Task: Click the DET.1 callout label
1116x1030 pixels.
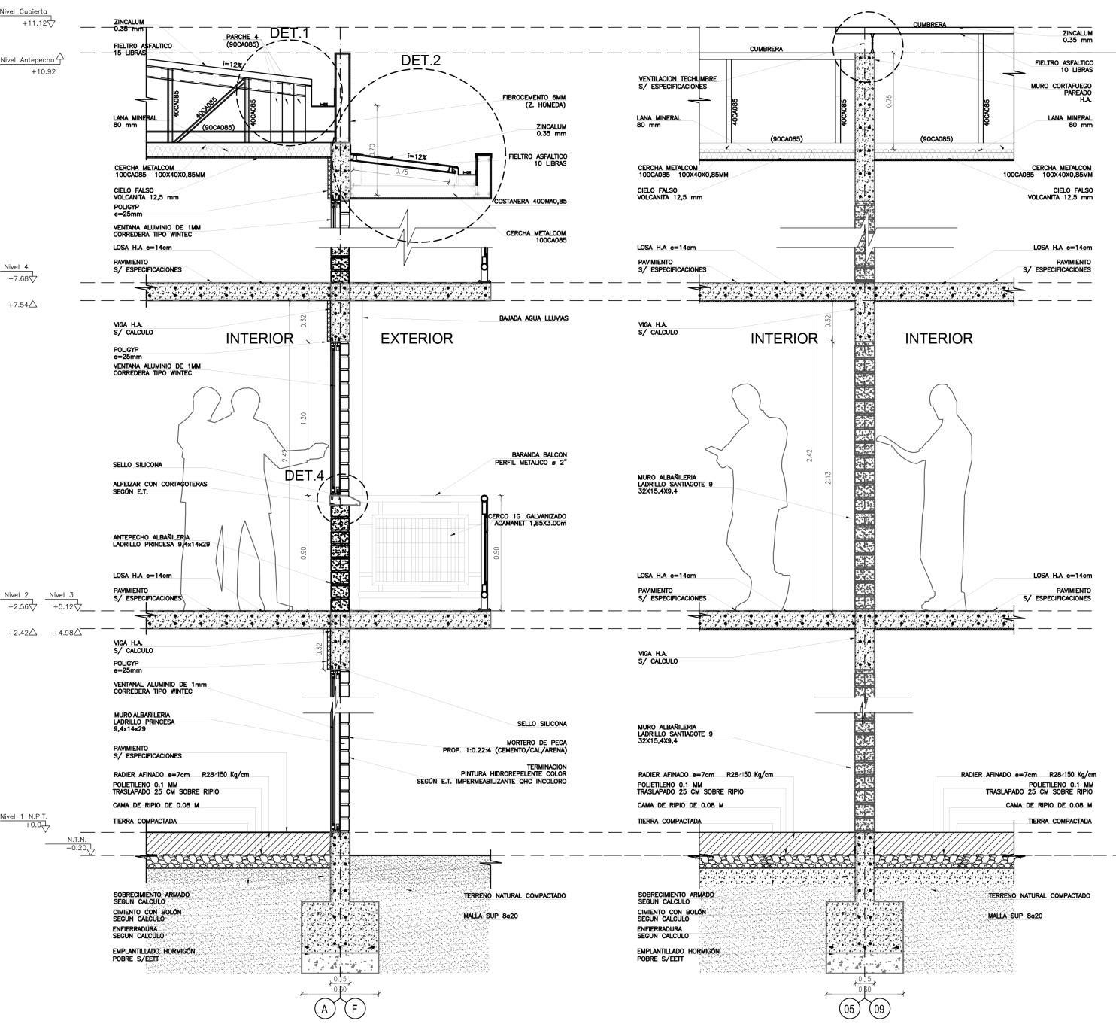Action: [289, 33]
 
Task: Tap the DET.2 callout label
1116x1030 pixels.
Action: [420, 61]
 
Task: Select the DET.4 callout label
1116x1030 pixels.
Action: [304, 476]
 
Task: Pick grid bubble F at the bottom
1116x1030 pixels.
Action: [354, 1010]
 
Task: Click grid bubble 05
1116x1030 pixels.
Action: [850, 1010]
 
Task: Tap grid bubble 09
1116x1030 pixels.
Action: [879, 1010]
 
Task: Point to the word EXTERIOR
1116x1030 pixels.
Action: [417, 339]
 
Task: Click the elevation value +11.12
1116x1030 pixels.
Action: [35, 23]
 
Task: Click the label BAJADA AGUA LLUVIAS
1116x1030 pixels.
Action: [533, 318]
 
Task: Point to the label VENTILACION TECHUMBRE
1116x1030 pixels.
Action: [678, 82]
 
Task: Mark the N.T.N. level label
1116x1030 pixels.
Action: [77, 840]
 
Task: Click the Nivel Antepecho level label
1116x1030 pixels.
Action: [27, 60]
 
